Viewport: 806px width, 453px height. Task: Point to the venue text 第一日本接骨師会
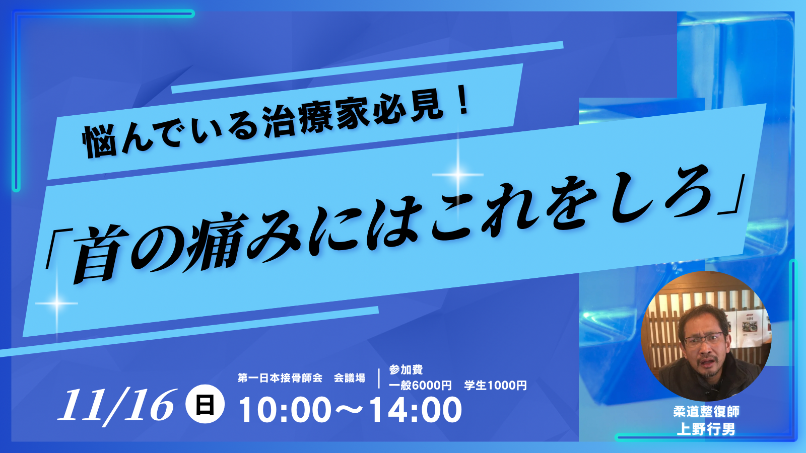pyautogui.click(x=280, y=378)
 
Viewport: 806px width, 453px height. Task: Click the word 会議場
pyautogui.click(x=350, y=378)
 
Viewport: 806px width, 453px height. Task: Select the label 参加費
pyautogui.click(x=406, y=369)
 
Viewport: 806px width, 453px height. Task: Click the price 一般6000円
pyautogui.click(x=420, y=386)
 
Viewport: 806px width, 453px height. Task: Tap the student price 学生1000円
pyautogui.click(x=496, y=386)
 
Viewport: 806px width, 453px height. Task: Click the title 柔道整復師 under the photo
pyautogui.click(x=706, y=412)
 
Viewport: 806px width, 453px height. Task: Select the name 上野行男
pyautogui.click(x=706, y=429)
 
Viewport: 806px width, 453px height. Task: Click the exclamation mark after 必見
pyautogui.click(x=464, y=103)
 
